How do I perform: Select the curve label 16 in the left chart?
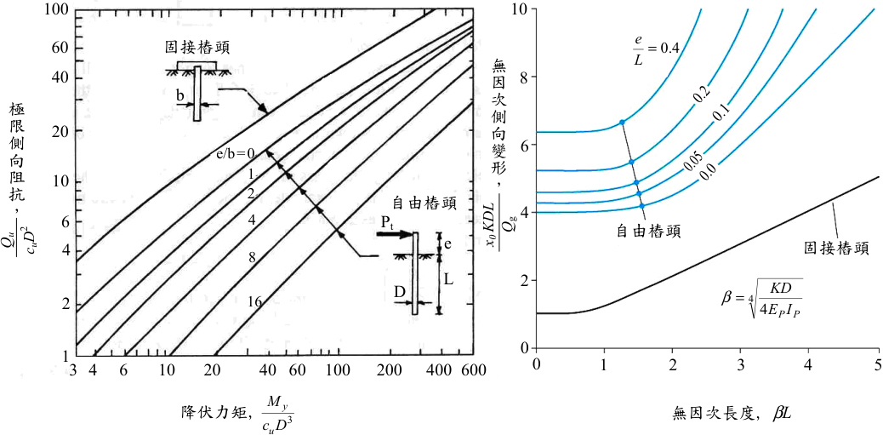[x=254, y=301]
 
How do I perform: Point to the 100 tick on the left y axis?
[x=59, y=9]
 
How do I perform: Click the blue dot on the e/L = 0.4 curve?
[x=622, y=122]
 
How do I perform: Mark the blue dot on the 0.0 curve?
[x=642, y=206]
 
